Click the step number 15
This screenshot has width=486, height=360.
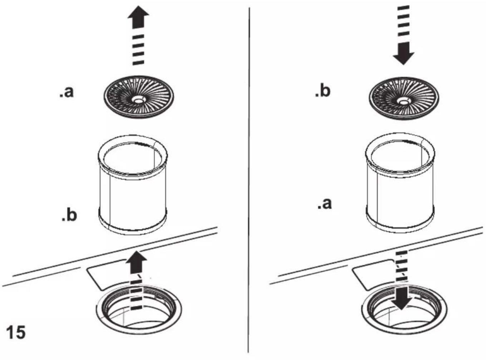16,332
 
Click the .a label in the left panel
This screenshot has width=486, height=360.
67,92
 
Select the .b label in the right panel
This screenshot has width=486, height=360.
323,90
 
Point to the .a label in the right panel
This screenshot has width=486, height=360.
324,204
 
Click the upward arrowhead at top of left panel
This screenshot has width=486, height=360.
138,17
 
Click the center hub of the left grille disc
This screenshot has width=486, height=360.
139,100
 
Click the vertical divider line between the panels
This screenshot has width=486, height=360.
249,180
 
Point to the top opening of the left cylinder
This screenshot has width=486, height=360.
133,157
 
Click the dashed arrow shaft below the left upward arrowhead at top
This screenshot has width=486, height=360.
138,50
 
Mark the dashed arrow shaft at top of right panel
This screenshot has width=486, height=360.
403,21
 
